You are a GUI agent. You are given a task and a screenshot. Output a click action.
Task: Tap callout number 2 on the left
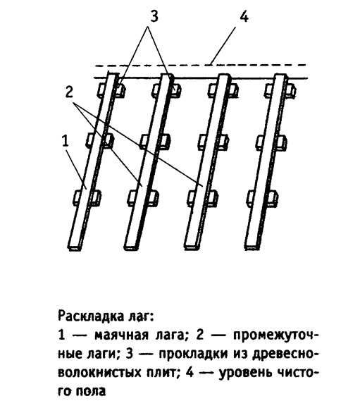tap(69, 92)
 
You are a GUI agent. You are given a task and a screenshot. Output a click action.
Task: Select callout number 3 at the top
tap(154, 16)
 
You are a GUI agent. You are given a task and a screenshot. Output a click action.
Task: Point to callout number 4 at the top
tap(244, 17)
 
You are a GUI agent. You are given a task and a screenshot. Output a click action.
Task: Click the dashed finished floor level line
tap(201, 66)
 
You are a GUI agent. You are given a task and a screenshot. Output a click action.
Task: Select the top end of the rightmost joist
tap(280, 76)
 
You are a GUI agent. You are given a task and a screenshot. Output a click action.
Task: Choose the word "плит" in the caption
tap(161, 372)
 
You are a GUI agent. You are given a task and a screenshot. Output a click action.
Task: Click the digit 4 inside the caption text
tap(190, 372)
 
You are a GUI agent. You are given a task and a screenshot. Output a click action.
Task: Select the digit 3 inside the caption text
tap(130, 354)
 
